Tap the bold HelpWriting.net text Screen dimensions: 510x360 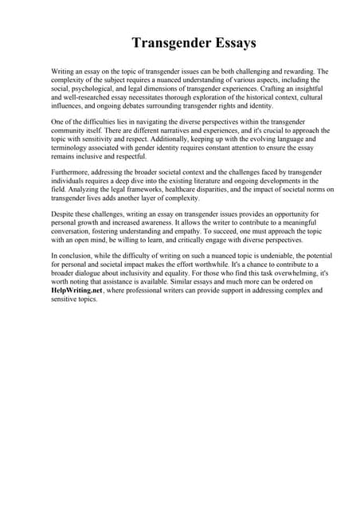coord(78,292)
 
